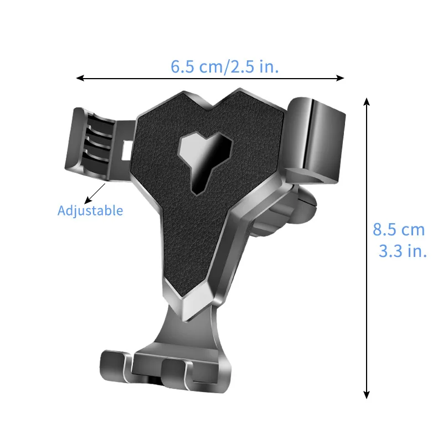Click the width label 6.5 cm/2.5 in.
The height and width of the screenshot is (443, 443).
click(x=224, y=67)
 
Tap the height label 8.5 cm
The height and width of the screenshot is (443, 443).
click(x=399, y=229)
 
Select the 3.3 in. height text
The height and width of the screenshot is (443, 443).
click(x=403, y=251)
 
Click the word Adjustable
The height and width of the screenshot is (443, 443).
click(x=90, y=210)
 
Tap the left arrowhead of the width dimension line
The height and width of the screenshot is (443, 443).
click(x=79, y=78)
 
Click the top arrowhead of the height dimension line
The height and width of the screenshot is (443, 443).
click(x=366, y=101)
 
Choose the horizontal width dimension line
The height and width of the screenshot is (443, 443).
click(x=210, y=78)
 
